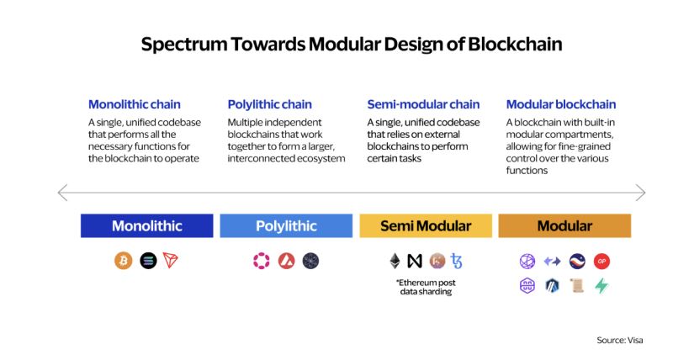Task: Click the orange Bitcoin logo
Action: coord(123,261)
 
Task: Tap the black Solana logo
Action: coord(148,261)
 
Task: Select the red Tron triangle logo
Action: coord(171,261)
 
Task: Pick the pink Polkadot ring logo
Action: coord(262,261)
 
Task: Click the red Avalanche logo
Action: coord(286,261)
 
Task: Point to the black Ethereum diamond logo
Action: coord(395,261)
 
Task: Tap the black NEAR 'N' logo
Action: coord(415,261)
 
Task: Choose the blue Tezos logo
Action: coord(456,261)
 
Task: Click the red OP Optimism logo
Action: coord(601,261)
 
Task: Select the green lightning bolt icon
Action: coord(601,286)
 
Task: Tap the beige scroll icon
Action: coord(577,286)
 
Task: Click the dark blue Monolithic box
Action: coord(146,225)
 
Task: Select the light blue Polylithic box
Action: coord(286,225)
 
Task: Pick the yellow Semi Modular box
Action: coord(426,225)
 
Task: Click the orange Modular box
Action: coord(564,225)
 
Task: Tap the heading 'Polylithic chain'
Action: coord(269,104)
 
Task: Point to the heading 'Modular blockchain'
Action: coord(561,104)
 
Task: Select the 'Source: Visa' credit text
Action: coord(620,341)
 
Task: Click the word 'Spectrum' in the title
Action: coord(184,45)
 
